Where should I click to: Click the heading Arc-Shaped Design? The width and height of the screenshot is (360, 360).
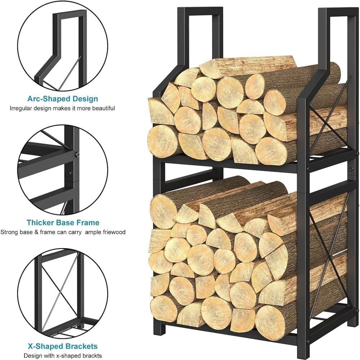tap(63, 99)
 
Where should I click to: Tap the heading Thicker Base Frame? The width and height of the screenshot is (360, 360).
tap(63, 222)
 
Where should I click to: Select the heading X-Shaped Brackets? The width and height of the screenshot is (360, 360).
tap(63, 346)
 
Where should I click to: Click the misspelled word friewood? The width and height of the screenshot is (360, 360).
tap(113, 232)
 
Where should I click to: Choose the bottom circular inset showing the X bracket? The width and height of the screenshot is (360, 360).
tap(63, 293)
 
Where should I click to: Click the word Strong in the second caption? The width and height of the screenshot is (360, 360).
tap(8, 232)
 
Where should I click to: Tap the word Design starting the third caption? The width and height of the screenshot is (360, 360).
tap(33, 355)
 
